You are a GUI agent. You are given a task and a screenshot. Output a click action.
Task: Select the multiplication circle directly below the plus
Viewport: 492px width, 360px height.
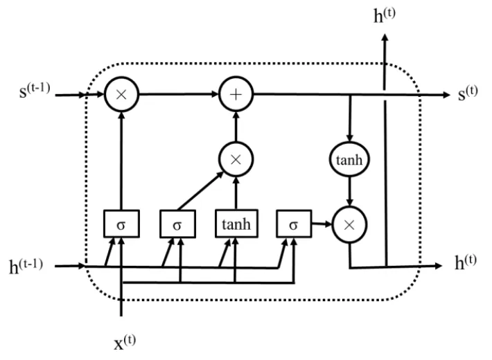[236, 158]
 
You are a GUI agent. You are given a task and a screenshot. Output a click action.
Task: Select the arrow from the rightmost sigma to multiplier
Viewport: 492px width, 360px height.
[321, 224]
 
